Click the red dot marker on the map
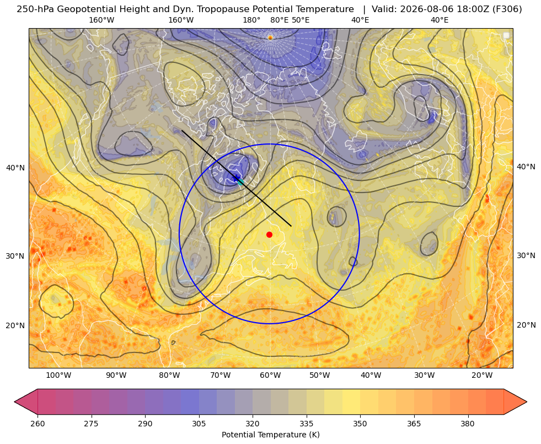click(x=270, y=234)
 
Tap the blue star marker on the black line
click(x=236, y=178)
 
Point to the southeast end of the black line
click(x=292, y=226)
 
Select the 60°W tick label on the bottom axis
click(x=270, y=376)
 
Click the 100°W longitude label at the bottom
click(x=58, y=376)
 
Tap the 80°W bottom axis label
click(x=169, y=376)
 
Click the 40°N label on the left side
click(x=15, y=168)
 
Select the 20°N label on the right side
click(x=526, y=325)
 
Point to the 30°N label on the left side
click(x=15, y=256)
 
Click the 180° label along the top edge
click(x=251, y=20)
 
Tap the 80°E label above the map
click(x=280, y=20)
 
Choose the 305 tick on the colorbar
click(x=199, y=424)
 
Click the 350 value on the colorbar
click(x=360, y=424)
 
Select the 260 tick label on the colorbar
click(x=38, y=424)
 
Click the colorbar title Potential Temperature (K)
click(x=270, y=435)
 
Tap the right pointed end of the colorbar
click(x=527, y=402)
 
